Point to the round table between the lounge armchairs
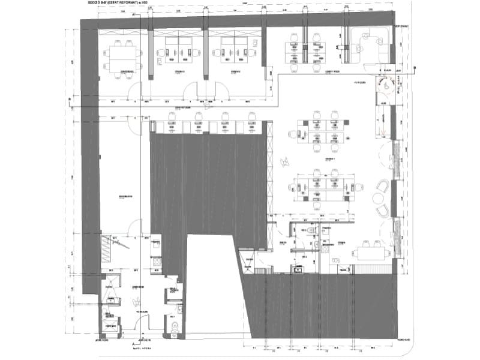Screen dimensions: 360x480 pos(384,199)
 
